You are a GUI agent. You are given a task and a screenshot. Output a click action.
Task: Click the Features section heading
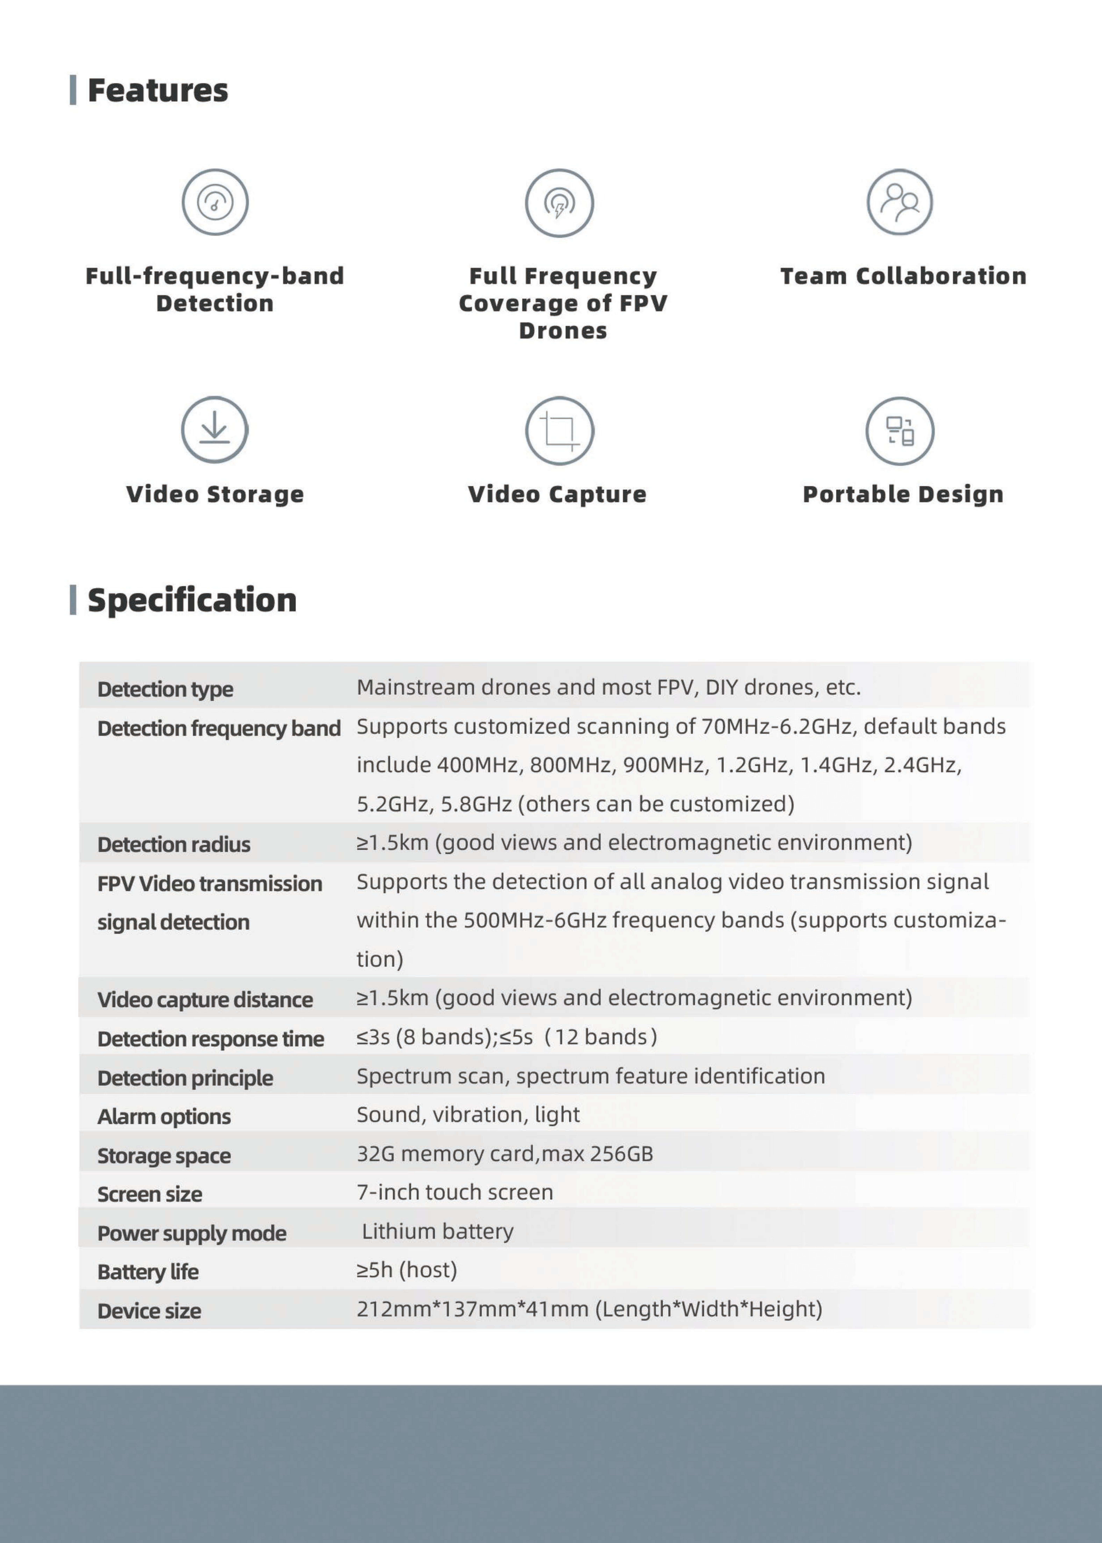(158, 90)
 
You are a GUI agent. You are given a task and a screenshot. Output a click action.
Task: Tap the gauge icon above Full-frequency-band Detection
(215, 202)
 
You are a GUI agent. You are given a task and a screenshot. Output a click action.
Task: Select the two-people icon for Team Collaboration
(900, 202)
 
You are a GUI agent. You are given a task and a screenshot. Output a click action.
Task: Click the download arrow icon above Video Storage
(214, 430)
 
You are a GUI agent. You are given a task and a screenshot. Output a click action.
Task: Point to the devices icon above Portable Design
(900, 431)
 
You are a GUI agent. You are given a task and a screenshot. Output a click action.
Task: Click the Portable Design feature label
(903, 494)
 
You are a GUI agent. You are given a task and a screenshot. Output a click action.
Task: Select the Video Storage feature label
(215, 494)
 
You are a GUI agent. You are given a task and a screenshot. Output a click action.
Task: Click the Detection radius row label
(174, 844)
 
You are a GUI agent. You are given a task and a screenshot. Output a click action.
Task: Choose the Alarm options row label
(164, 1117)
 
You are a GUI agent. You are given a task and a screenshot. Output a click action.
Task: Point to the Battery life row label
(148, 1271)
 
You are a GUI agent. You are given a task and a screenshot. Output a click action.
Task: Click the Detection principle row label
(185, 1078)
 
